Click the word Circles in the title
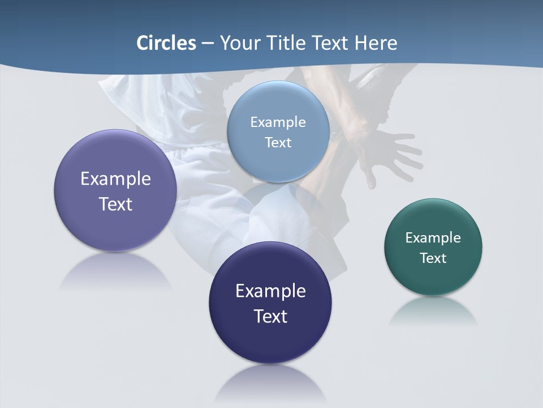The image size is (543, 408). coord(166,43)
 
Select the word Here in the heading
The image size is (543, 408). coord(376,43)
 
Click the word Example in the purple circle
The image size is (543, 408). coord(115,179)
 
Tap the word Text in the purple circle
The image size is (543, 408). coord(115,204)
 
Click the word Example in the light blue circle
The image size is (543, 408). coord(278,122)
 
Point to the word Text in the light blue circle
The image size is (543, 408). coord(278,142)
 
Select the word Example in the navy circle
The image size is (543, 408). coord(270,291)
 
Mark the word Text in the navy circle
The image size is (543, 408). coord(270,316)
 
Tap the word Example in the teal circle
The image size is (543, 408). coord(433,237)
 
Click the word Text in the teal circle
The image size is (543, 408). coord(433,258)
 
